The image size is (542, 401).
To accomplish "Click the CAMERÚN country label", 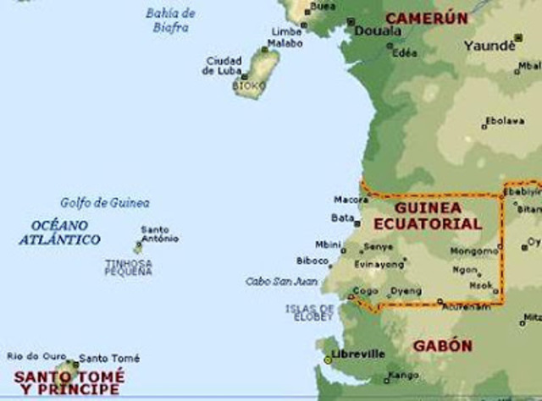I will pyautogui.click(x=426, y=18).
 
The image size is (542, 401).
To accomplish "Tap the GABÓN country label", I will pyautogui.click(x=442, y=346).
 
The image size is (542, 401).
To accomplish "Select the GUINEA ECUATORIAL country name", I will pyautogui.click(x=438, y=217).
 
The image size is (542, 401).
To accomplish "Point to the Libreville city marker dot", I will pyautogui.click(x=329, y=360).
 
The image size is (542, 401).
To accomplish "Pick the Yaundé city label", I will pyautogui.click(x=489, y=46).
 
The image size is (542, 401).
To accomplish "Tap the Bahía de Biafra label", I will pyautogui.click(x=170, y=20).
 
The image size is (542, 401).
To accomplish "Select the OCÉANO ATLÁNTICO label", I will pyautogui.click(x=59, y=233).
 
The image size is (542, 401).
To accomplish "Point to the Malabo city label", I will pyautogui.click(x=285, y=43).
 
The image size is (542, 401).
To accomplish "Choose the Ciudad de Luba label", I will pyautogui.click(x=223, y=66).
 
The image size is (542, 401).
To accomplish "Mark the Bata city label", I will pyautogui.click(x=342, y=217).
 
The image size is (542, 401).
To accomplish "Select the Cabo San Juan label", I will pyautogui.click(x=280, y=281).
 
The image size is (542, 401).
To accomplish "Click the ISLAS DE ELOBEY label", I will pyautogui.click(x=309, y=312).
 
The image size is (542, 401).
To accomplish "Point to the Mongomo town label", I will pyautogui.click(x=474, y=251).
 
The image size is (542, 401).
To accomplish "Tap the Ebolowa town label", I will pyautogui.click(x=505, y=121).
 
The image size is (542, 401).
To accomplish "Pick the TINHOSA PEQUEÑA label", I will pyautogui.click(x=129, y=267).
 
